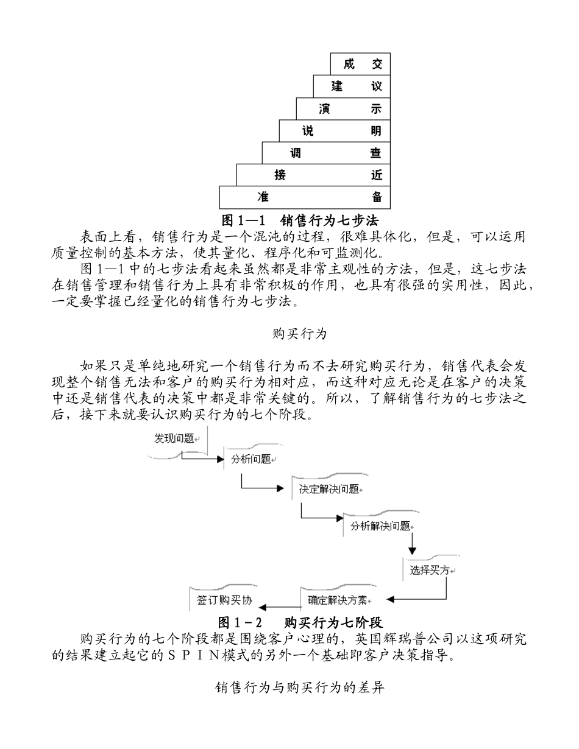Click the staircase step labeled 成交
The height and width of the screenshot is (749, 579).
[x=360, y=64]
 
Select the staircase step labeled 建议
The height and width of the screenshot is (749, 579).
[x=352, y=86]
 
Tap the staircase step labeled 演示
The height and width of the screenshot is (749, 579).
[x=343, y=108]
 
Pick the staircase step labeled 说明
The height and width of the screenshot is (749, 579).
[x=335, y=131]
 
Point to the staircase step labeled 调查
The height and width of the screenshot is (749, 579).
[x=326, y=153]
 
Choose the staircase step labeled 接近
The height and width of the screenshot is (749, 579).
[x=313, y=175]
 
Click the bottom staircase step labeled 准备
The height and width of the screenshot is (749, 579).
[x=305, y=197]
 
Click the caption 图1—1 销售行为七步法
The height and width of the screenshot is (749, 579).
[x=303, y=217]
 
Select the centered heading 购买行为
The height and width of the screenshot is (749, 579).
[x=299, y=334]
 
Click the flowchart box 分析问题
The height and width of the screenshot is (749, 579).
[x=251, y=459]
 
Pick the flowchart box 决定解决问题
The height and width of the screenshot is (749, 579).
[x=329, y=490]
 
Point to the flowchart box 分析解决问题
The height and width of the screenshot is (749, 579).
[x=380, y=527]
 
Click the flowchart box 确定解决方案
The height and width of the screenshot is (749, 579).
[x=337, y=600]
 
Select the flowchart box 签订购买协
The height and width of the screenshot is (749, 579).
[x=224, y=600]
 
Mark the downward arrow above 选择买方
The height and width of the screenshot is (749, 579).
[x=413, y=541]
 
